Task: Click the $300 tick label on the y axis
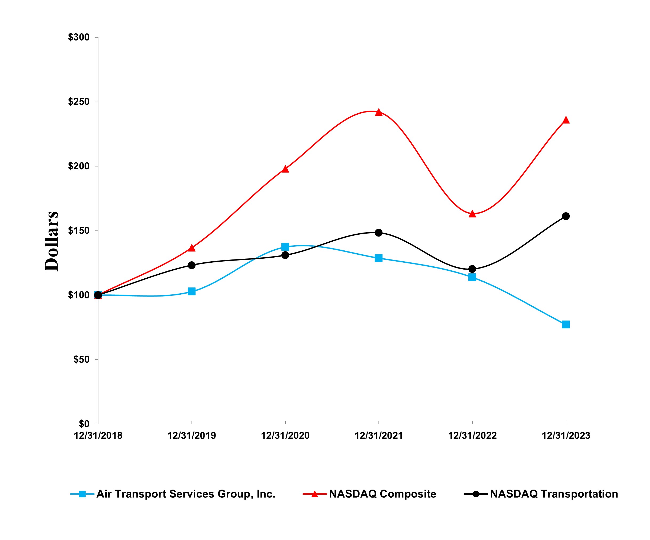tap(79, 37)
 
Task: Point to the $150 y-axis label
tap(79, 231)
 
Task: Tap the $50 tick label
tap(81, 359)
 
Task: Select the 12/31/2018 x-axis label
tap(98, 436)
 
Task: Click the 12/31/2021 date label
tap(378, 436)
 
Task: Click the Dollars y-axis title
tap(51, 241)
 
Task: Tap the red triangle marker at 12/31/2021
tap(378, 112)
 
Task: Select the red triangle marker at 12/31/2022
tap(472, 214)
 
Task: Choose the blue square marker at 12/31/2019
tap(192, 291)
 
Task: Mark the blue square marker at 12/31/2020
tap(285, 247)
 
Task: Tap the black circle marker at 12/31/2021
tap(378, 233)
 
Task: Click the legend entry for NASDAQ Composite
tap(382, 494)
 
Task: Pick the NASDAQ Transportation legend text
tap(554, 494)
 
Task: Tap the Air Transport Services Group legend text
tap(186, 494)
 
